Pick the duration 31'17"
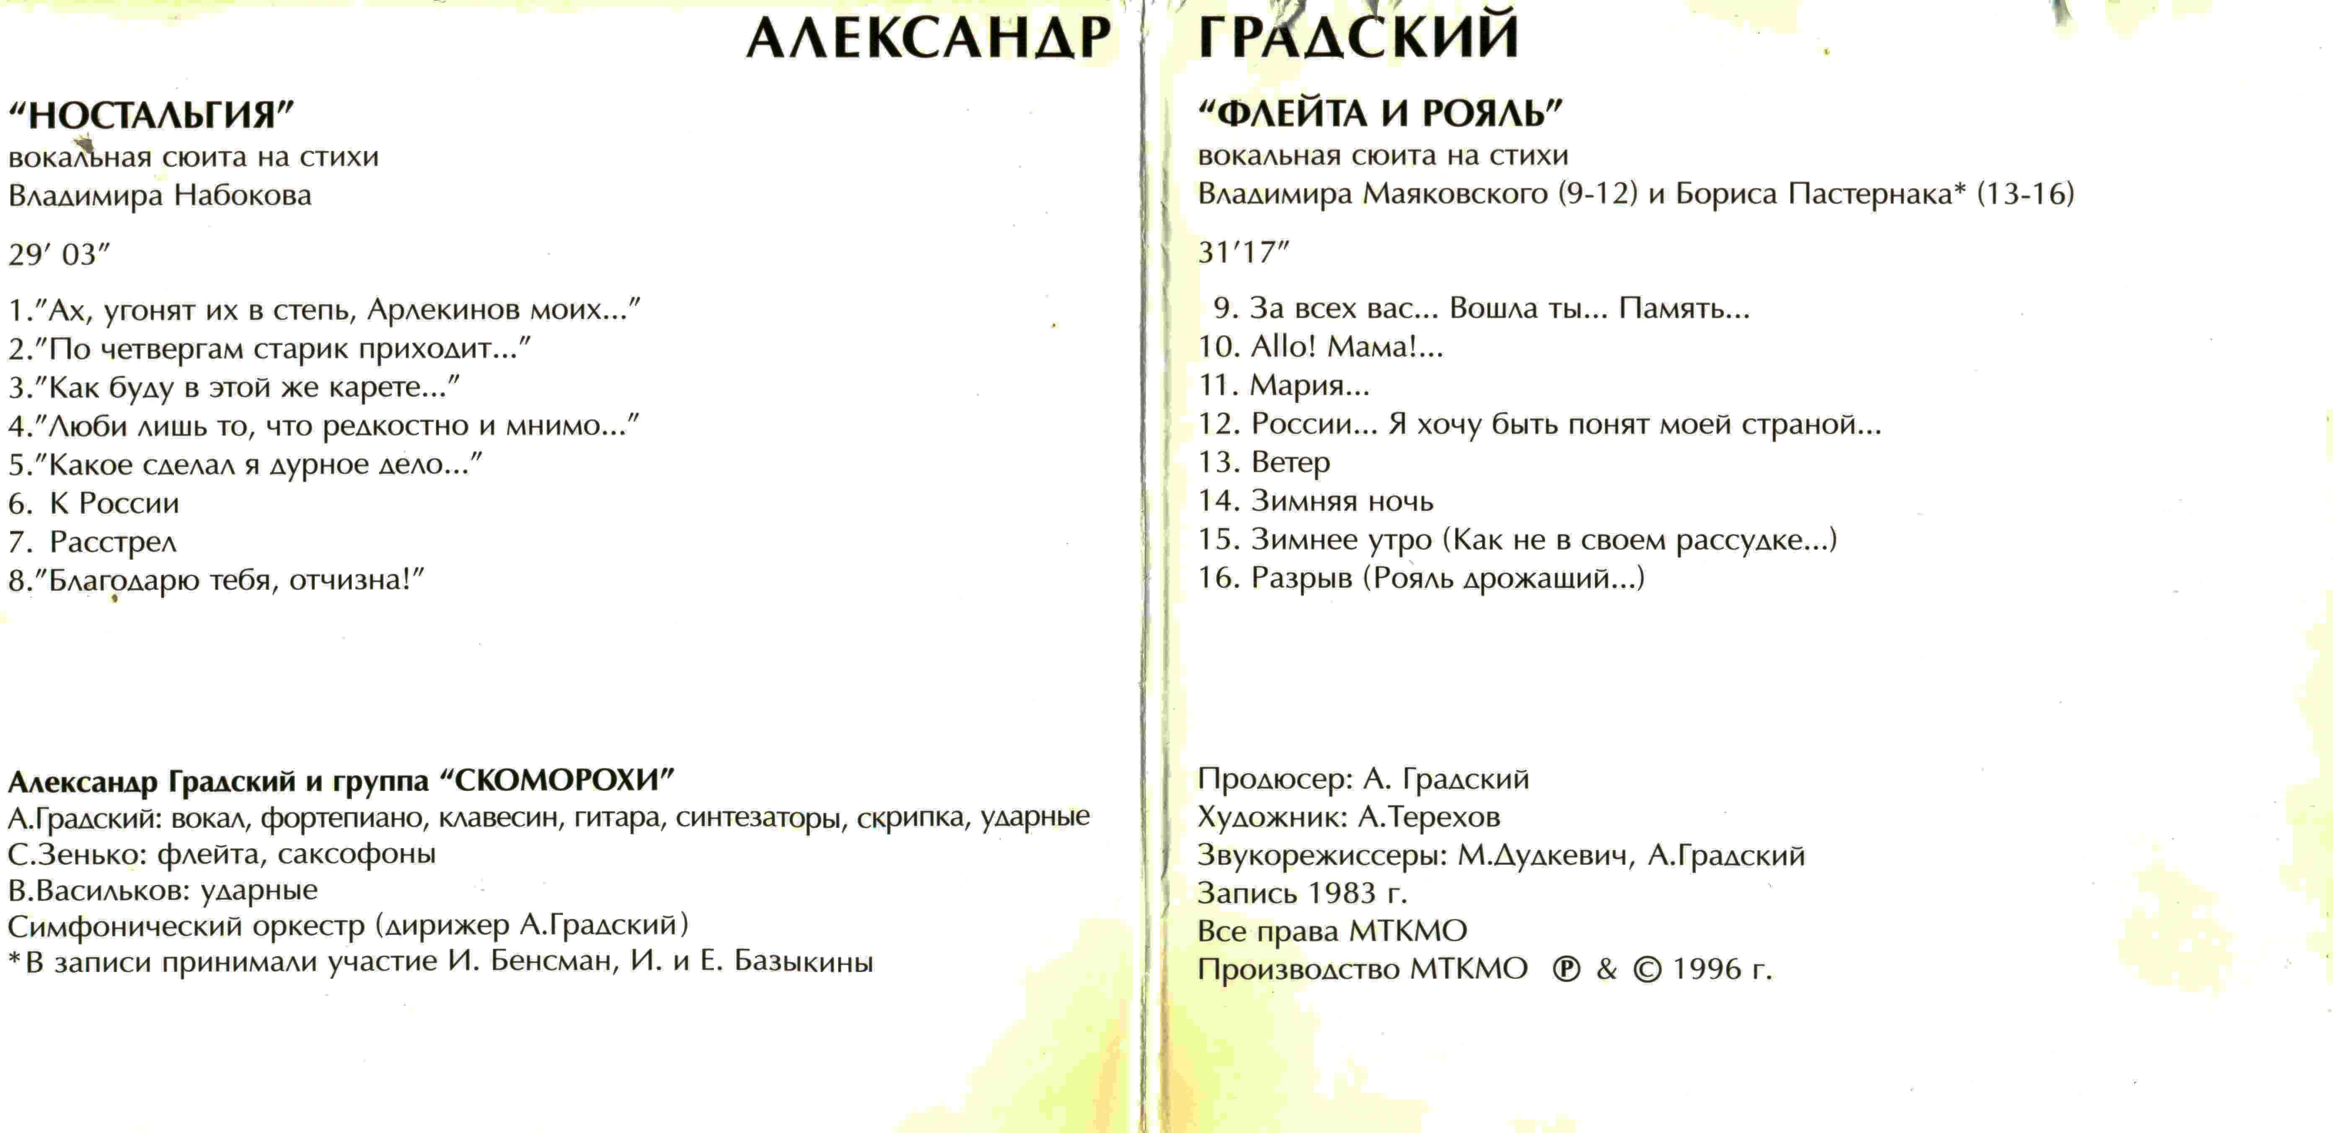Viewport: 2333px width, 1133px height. [x=1243, y=252]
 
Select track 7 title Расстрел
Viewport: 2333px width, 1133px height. [x=113, y=543]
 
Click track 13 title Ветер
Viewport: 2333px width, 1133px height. [x=1291, y=463]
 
